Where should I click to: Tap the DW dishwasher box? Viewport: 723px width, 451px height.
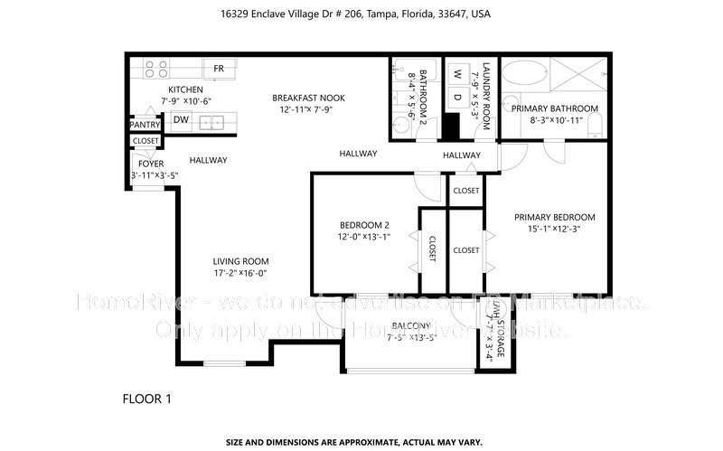[x=181, y=119]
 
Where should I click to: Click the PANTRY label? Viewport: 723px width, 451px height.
[x=145, y=125]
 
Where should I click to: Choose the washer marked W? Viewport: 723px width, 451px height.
[x=457, y=73]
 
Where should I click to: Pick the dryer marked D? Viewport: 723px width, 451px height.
[x=457, y=97]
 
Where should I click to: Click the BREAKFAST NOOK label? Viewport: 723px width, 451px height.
[x=308, y=98]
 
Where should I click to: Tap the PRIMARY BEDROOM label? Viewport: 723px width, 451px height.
[x=554, y=217]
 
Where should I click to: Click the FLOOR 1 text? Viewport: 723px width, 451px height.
[x=146, y=398]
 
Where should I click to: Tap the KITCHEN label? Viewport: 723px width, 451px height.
[x=184, y=89]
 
